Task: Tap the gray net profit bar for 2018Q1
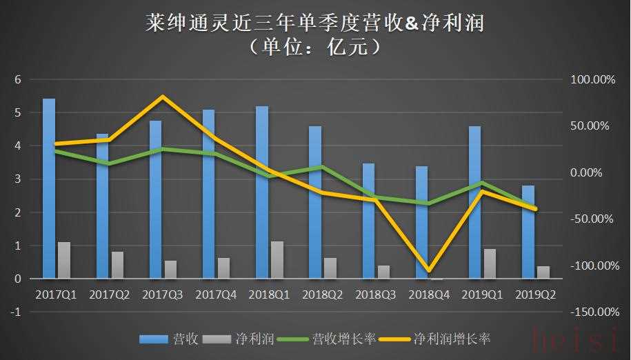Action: point(277,260)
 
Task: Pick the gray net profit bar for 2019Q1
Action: point(490,263)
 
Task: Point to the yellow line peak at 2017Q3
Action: point(162,97)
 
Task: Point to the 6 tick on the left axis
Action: point(19,80)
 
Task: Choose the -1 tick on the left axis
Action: point(17,312)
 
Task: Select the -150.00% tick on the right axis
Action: point(591,312)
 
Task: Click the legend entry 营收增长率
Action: point(344,339)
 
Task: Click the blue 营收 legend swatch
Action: point(153,339)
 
